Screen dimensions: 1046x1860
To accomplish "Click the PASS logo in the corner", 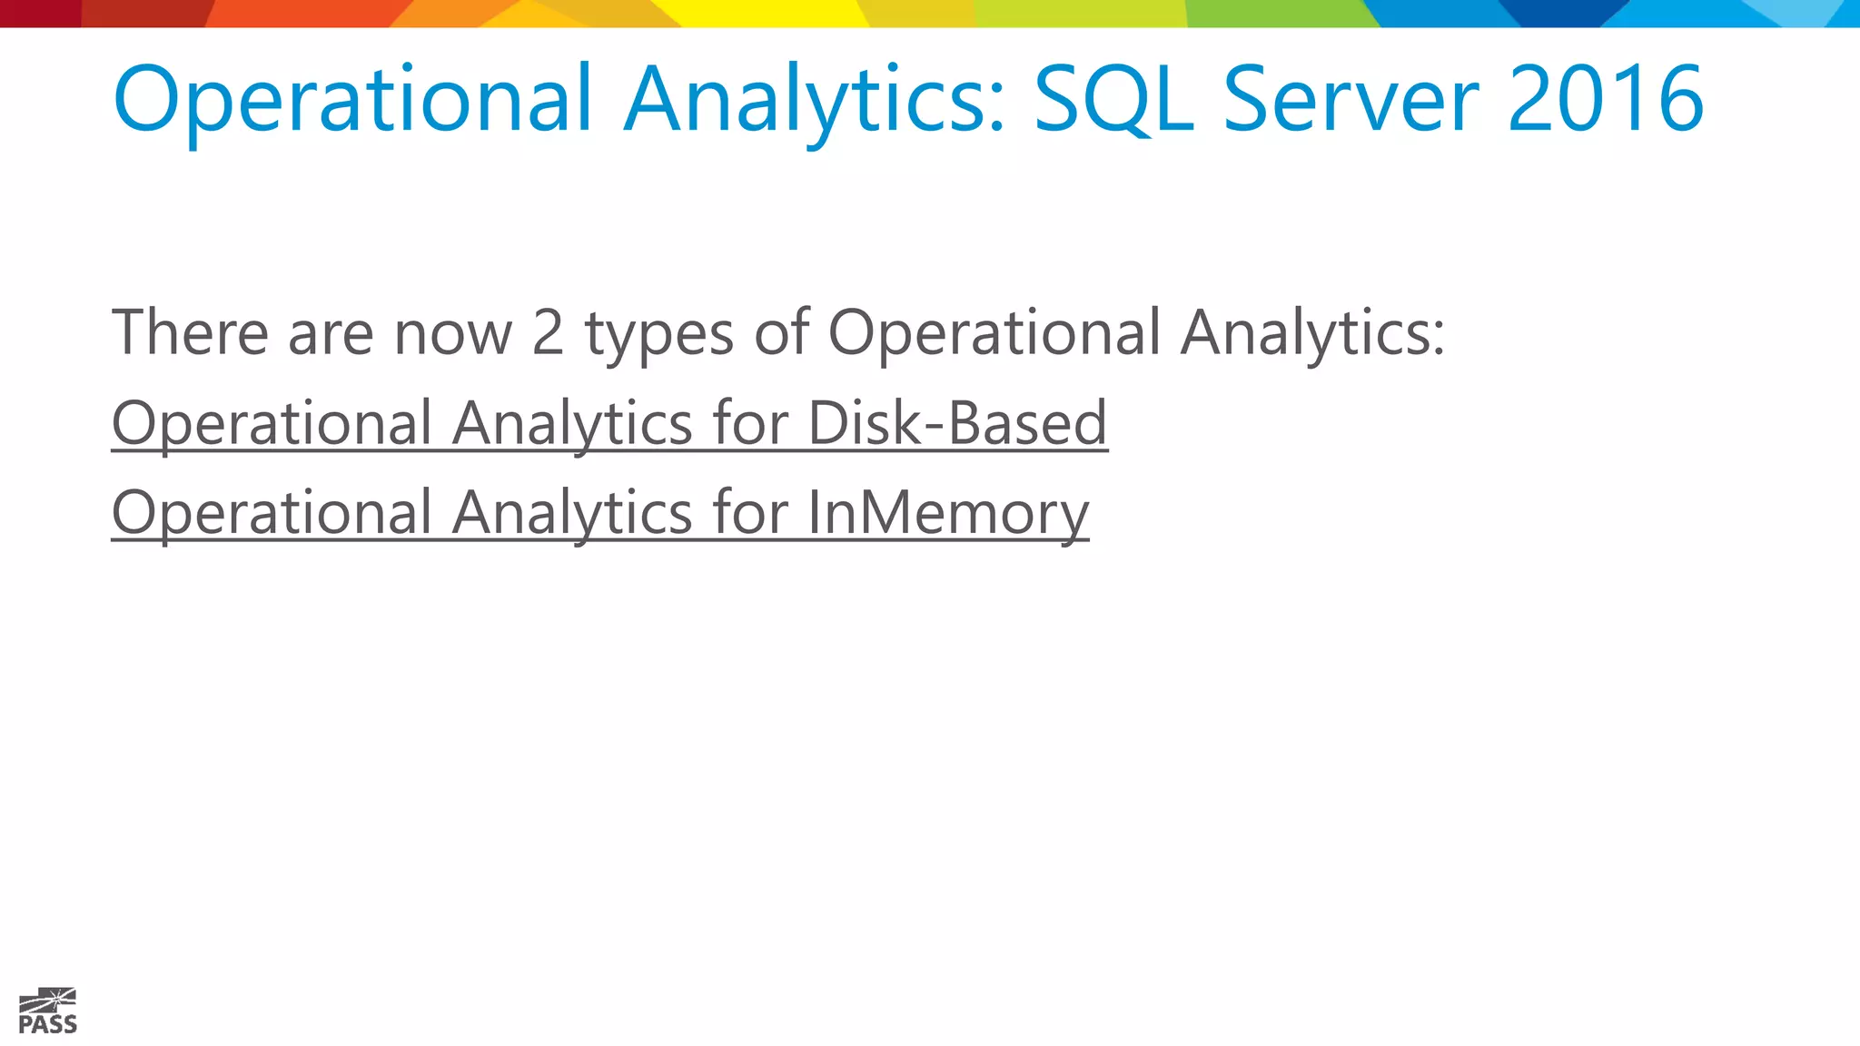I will point(47,1011).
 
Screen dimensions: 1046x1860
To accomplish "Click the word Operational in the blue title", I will point(352,100).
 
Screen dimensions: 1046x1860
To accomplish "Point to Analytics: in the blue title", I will point(815,100).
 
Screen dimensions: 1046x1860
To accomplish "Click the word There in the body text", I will point(190,332).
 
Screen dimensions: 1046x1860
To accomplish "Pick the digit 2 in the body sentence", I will point(548,332).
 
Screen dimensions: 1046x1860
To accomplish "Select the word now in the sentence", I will point(453,334).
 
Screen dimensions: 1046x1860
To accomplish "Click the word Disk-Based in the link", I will point(957,423).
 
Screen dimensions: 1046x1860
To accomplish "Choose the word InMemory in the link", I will point(947,514).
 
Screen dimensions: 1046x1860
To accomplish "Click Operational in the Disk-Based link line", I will point(272,425).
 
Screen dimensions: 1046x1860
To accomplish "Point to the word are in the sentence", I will point(331,334).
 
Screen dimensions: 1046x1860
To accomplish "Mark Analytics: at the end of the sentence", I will point(1312,334).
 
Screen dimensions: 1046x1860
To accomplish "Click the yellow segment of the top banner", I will point(772,13).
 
